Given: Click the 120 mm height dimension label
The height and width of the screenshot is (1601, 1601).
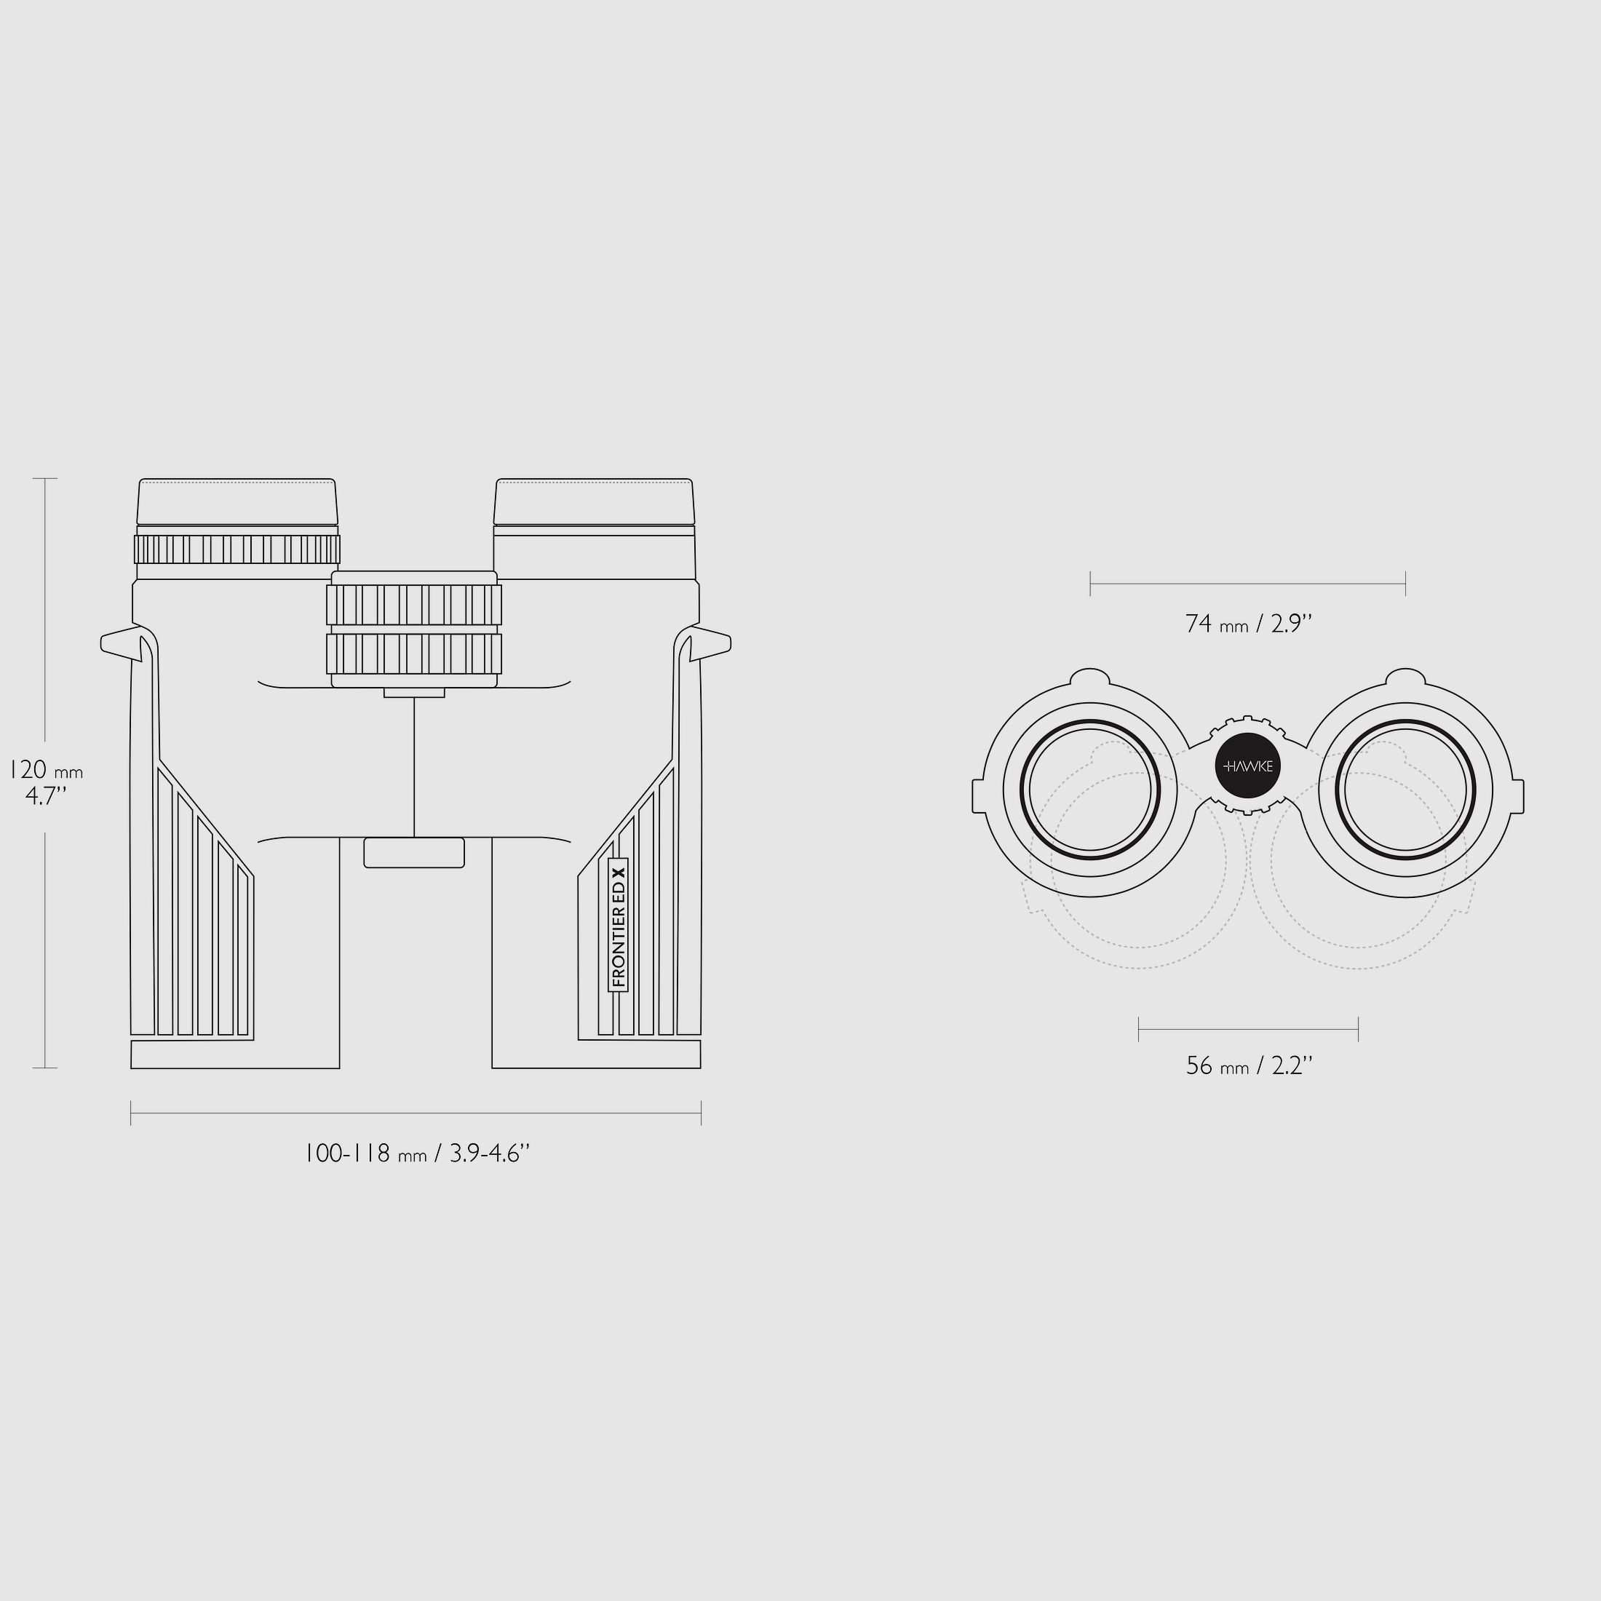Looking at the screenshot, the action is tap(47, 782).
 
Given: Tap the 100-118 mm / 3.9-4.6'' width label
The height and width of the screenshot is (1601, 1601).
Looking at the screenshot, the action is tap(416, 1153).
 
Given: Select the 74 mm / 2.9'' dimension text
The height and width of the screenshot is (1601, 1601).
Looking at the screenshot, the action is tap(1249, 624).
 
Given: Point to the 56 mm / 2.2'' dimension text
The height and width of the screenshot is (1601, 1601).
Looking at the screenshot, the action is tap(1249, 1065).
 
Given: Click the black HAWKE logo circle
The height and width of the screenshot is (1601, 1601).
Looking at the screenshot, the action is tap(1248, 766).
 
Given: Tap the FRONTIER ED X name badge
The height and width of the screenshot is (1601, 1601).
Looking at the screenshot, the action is tap(618, 925).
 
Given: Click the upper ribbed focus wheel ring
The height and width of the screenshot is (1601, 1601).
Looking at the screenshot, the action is tap(413, 605).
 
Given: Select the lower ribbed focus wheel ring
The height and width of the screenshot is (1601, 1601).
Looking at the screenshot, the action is tap(413, 653).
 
